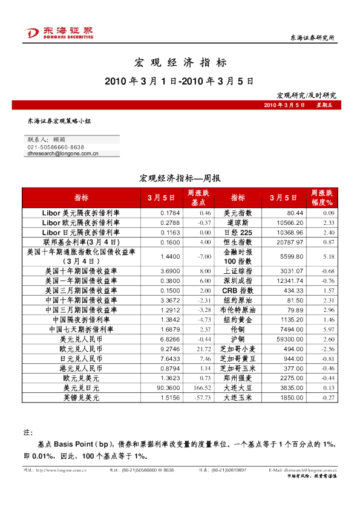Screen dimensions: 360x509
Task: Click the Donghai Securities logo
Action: click(58, 34)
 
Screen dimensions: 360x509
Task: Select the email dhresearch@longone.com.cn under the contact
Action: click(63, 154)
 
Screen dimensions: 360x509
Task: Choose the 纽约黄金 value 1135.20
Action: click(292, 319)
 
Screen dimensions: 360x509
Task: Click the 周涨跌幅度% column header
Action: click(322, 198)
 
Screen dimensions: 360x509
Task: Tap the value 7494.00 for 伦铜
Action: click(292, 329)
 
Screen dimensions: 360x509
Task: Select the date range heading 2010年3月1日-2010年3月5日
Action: click(179, 81)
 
